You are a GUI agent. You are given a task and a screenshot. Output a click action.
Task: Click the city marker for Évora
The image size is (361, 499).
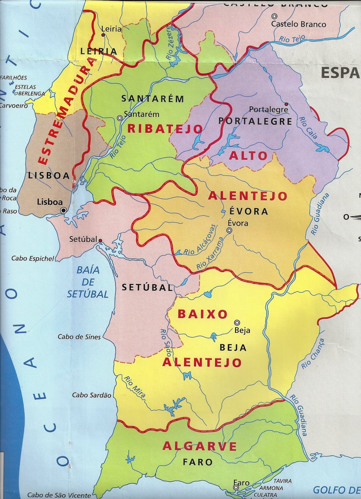point(229,230)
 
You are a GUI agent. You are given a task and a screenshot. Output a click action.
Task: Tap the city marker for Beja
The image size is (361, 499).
point(237,322)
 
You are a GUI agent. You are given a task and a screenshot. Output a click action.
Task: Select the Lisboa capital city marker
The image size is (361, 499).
point(63,211)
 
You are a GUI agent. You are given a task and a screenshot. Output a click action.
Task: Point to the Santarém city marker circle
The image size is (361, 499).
point(119,118)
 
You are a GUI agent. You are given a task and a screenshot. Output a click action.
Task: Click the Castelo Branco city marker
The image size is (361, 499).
point(274,16)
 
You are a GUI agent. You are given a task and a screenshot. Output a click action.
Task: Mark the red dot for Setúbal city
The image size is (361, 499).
point(100,240)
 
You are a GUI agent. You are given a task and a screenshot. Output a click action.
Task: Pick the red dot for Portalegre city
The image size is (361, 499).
point(286,104)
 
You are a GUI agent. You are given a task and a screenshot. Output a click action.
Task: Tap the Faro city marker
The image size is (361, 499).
point(236,487)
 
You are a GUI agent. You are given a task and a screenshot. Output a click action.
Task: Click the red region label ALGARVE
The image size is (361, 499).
point(200,446)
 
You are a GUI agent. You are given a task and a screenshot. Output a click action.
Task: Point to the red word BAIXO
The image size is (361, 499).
point(203,314)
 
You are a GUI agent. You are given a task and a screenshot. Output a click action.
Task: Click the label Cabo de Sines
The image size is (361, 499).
point(79,337)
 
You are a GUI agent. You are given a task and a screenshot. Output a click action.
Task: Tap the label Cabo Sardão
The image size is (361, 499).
point(91,395)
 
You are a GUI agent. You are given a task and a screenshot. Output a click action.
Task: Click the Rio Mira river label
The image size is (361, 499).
point(135,387)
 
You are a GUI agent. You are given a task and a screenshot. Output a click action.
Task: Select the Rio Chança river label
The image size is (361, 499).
point(313,354)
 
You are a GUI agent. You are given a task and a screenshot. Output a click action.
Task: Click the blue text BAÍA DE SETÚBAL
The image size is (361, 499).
point(88,282)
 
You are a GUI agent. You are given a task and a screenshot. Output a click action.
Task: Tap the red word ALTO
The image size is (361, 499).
point(248,156)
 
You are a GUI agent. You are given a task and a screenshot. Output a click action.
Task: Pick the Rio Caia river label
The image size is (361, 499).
point(308,128)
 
